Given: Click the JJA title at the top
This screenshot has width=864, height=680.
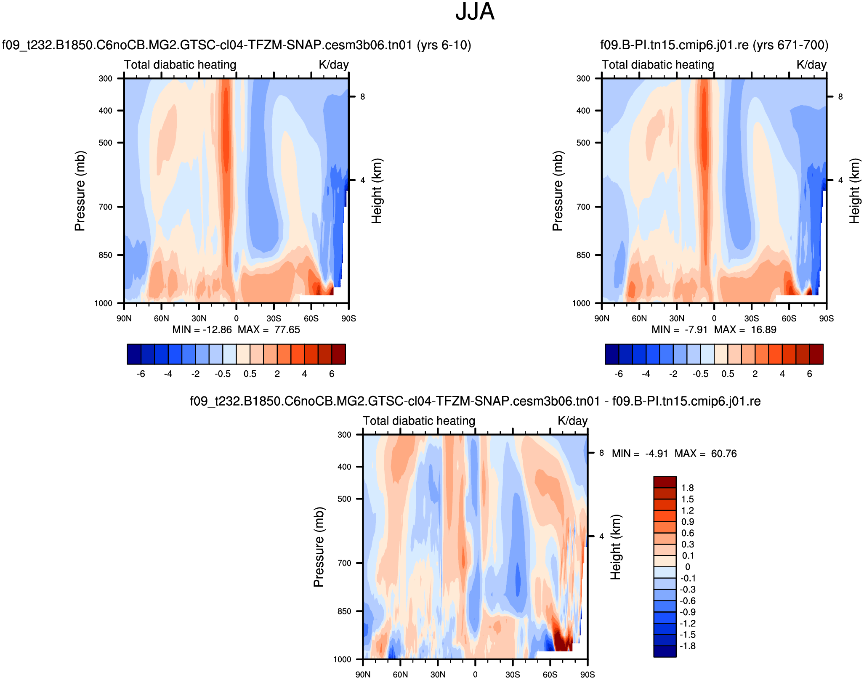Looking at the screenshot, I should tap(475, 12).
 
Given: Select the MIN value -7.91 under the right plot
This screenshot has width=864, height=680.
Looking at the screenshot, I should tap(696, 330).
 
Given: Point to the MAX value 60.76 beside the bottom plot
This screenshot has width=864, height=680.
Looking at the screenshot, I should tap(724, 454).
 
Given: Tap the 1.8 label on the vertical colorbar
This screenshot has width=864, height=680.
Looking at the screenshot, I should tap(688, 488).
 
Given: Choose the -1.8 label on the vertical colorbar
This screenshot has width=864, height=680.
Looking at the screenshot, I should tap(687, 646).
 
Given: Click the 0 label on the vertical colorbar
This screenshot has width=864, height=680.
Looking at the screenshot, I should tap(688, 567).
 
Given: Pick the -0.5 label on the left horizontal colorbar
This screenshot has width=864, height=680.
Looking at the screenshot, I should tap(223, 374).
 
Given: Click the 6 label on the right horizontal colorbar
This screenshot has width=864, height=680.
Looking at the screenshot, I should tap(809, 374).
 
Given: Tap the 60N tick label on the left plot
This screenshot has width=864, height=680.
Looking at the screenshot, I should tap(161, 319).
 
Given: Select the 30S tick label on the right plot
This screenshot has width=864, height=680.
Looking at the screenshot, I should tap(751, 319).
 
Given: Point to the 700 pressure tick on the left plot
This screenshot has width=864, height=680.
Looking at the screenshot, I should tap(105, 207).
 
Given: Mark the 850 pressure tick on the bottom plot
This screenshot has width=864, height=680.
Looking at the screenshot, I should tap(344, 611).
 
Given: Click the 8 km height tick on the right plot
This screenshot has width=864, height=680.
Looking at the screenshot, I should tap(840, 97).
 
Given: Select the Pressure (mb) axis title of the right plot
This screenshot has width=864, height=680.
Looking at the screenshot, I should tap(557, 191).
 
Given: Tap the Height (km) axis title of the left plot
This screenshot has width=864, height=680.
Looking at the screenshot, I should tap(376, 191).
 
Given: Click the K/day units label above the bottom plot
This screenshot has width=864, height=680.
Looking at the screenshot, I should tap(572, 421).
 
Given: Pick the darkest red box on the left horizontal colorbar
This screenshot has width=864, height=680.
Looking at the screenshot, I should tap(338, 354).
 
